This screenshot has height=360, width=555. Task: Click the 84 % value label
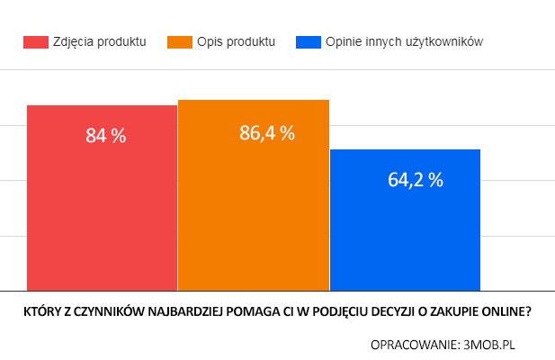coord(106,136)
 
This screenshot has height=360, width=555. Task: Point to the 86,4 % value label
coord(267,133)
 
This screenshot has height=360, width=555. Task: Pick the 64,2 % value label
coord(416,179)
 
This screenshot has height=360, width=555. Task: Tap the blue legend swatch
coord(308,41)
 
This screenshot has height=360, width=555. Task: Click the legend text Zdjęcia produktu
coord(99,41)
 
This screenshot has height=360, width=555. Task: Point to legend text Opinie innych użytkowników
coord(405,41)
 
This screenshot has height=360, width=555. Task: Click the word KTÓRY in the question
coord(41,312)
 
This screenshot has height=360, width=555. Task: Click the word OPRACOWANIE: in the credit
coord(413,343)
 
